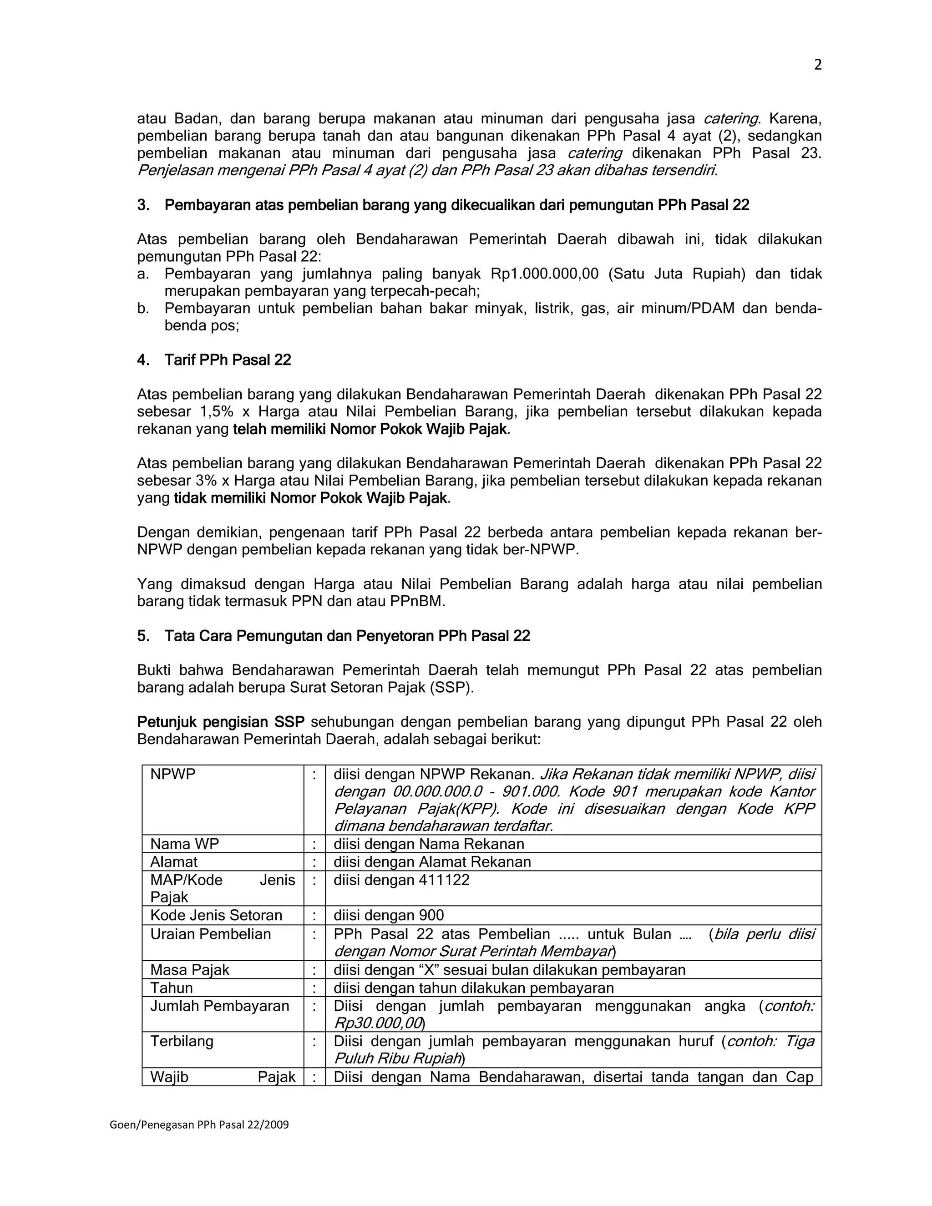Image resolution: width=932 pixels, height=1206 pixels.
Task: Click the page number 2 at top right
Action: pos(818,65)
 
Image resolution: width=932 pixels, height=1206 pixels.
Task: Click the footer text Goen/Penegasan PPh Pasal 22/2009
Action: pos(199,1125)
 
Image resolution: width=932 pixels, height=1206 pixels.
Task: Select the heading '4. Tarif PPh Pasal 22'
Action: pos(214,360)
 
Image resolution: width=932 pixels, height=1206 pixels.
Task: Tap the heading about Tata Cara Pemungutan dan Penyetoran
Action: pos(334,636)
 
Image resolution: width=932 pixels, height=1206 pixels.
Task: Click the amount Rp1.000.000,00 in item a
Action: pos(544,274)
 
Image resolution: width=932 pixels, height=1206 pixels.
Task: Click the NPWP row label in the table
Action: pos(173,774)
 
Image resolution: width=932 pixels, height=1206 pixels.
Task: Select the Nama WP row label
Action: pos(184,844)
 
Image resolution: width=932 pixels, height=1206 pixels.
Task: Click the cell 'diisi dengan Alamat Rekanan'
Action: pos(432,862)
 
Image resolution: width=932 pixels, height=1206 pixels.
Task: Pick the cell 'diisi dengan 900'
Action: pos(389,916)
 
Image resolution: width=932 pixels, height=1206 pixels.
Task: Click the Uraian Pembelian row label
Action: pos(210,934)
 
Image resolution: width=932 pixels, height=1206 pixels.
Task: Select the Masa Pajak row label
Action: pos(189,970)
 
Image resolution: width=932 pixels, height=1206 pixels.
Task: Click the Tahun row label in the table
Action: pos(171,988)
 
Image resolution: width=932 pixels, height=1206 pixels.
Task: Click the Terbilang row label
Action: pos(182,1041)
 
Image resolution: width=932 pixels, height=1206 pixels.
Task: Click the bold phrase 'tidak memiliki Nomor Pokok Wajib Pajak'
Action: pos(310,498)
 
